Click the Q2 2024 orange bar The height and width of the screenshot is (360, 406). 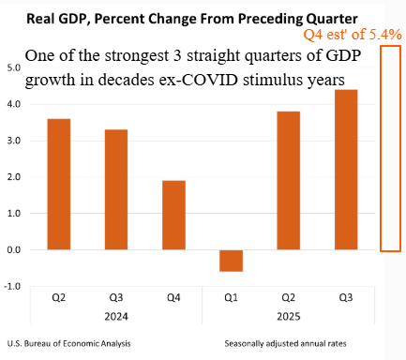(59, 184)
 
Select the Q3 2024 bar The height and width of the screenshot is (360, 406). (116, 189)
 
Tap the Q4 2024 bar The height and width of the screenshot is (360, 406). (173, 215)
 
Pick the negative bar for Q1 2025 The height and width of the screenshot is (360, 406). (232, 261)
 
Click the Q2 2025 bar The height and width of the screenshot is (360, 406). (289, 180)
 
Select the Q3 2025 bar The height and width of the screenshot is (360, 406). (346, 170)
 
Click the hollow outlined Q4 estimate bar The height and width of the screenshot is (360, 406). (381, 148)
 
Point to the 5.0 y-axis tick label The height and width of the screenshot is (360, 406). (14, 67)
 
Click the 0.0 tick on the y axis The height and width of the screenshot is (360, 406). (14, 250)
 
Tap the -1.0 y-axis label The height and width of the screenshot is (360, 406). (12, 286)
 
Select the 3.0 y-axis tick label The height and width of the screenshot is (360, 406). (14, 141)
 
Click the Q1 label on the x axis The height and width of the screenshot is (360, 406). (231, 297)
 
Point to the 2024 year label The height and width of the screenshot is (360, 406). (116, 317)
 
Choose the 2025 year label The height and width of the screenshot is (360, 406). (289, 317)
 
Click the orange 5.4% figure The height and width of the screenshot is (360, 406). (385, 35)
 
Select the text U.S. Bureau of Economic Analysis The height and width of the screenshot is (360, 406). (68, 344)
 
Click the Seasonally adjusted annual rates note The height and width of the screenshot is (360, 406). (285, 344)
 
